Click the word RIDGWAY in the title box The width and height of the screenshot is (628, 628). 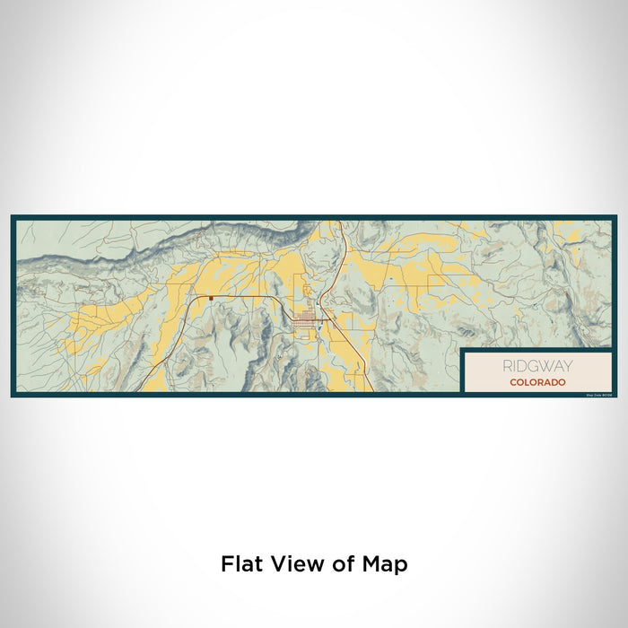[536, 366]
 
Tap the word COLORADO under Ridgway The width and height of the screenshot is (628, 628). [536, 382]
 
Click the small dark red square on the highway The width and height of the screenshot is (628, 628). [211, 298]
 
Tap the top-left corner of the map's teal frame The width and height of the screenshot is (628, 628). [13, 217]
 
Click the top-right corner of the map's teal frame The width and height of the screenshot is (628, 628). [615, 217]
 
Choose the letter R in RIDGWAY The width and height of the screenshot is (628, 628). [508, 366]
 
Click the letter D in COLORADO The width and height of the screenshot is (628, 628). [555, 382]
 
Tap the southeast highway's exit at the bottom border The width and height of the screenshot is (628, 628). [371, 391]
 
